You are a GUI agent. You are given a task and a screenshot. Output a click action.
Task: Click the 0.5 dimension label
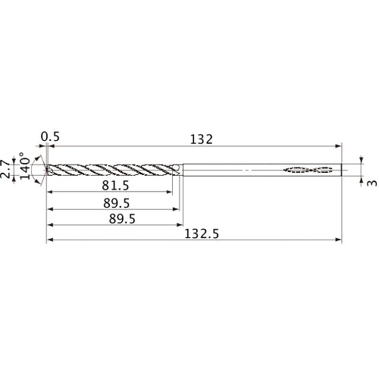50,137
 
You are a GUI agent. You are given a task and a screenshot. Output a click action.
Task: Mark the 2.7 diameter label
8,168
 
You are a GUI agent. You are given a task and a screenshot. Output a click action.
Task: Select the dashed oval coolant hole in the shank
309,170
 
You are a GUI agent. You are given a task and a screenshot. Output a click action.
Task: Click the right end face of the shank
342,170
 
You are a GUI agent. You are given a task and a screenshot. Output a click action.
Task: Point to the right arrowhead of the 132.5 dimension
339,242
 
